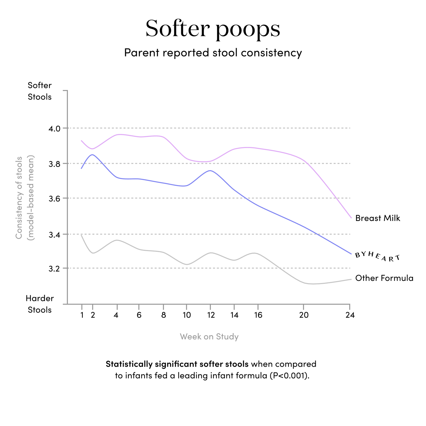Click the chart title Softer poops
(x=213, y=29)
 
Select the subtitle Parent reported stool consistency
(x=213, y=53)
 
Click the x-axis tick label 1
(x=82, y=315)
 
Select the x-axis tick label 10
(x=187, y=315)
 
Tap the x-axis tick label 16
(x=258, y=315)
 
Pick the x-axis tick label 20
(x=304, y=315)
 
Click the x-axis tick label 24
(x=350, y=315)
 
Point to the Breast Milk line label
(x=378, y=218)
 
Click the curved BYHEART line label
(x=378, y=256)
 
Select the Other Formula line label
(x=384, y=278)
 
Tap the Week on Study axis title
(x=209, y=337)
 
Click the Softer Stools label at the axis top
(x=40, y=91)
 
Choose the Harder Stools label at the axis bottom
(x=40, y=304)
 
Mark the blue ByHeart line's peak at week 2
(x=93, y=155)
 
